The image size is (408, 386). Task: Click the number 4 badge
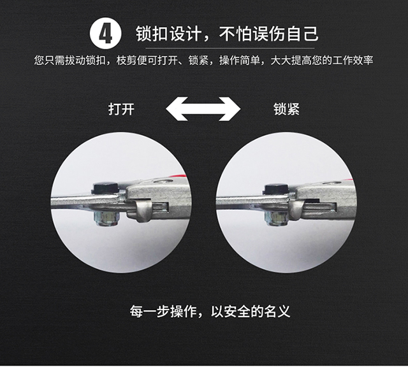(105, 33)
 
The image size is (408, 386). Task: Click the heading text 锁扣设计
(168, 34)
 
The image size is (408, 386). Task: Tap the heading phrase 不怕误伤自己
(269, 34)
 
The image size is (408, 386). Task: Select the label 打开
(121, 109)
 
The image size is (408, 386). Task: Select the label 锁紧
(286, 109)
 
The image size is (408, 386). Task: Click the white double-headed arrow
(203, 109)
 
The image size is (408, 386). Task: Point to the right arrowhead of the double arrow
(229, 109)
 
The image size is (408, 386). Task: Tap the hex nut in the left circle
(106, 218)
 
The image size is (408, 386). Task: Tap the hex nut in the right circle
(276, 218)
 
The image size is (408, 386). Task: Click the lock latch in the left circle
(143, 210)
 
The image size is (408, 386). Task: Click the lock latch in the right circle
(296, 210)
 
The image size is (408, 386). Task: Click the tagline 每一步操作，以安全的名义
(210, 311)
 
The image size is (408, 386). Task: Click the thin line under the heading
(229, 48)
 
